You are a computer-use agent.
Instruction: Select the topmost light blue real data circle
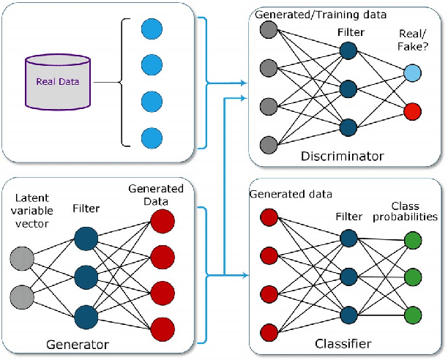151,29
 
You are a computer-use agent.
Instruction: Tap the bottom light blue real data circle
151,137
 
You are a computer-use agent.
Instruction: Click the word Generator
78,344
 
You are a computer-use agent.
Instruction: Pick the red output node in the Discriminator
414,110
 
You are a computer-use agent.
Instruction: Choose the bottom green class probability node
414,314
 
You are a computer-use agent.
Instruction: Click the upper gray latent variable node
23,258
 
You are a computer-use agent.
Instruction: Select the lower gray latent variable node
23,295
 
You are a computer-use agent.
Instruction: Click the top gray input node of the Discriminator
269,30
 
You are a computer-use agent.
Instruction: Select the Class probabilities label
414,211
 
